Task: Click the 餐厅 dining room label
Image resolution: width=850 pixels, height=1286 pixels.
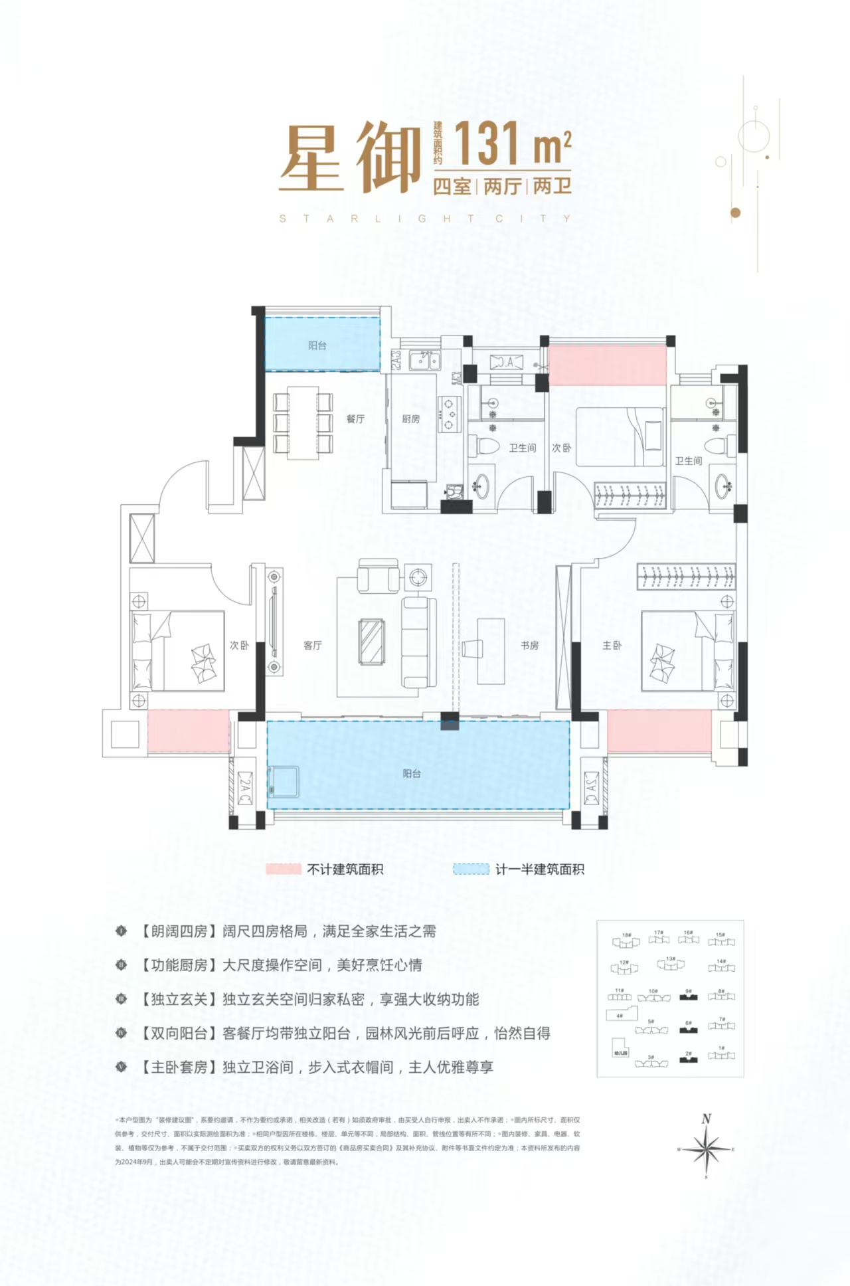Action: point(355,419)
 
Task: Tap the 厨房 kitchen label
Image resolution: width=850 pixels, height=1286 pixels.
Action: point(410,419)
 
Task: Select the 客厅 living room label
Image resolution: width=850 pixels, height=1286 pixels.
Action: point(312,645)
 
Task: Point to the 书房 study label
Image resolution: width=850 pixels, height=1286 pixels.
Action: point(529,645)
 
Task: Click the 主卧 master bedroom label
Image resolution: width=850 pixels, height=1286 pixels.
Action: point(612,645)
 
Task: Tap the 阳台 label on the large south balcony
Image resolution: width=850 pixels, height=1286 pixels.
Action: point(412,773)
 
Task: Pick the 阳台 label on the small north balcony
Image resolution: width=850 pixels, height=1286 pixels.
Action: point(317,345)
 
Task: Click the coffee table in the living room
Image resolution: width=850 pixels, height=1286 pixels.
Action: point(371,642)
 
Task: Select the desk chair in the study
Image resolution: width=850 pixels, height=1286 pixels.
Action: point(473,648)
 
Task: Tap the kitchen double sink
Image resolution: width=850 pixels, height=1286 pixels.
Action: point(424,361)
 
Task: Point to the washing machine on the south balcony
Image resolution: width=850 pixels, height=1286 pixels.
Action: point(284,782)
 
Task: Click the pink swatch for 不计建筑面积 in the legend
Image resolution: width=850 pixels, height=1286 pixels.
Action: point(283,869)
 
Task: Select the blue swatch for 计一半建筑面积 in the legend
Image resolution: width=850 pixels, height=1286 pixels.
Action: point(471,869)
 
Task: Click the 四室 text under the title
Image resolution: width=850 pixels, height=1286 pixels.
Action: point(452,187)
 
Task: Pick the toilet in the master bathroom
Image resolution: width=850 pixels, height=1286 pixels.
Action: point(715,446)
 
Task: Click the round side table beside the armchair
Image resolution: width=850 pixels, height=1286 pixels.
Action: point(418,577)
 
